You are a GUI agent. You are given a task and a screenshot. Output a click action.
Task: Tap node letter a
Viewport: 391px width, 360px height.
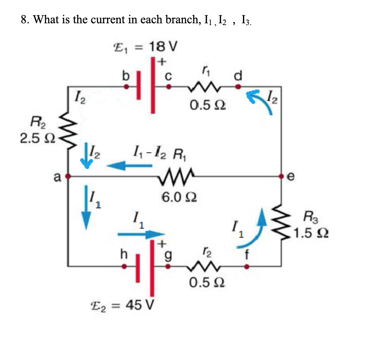(58, 176)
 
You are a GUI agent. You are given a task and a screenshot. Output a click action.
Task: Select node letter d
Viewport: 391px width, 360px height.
(238, 75)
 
